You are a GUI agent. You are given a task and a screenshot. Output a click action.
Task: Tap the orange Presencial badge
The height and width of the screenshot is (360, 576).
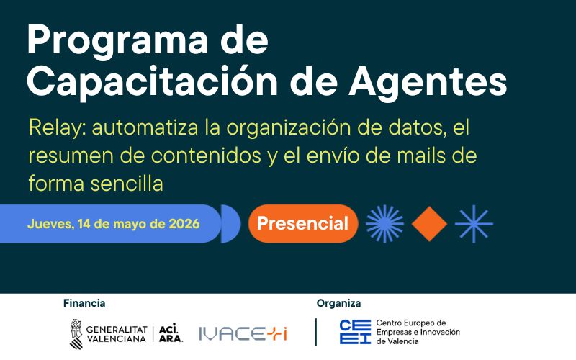pos(302,223)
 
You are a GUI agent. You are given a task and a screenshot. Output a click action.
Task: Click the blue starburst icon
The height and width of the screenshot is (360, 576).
pos(384,223)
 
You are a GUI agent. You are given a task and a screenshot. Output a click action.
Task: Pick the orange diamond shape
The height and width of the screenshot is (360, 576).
pos(430,223)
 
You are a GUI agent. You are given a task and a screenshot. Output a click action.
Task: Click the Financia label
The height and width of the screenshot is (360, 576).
pos(84,303)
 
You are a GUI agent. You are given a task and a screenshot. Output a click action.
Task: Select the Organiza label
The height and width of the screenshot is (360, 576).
pos(338,303)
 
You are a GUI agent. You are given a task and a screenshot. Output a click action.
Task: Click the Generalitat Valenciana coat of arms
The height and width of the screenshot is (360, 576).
pos(76,333)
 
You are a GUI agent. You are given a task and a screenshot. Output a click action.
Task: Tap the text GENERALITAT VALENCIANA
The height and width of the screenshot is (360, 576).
pos(116,333)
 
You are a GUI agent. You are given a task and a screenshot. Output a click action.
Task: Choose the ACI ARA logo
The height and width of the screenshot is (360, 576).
pos(170,333)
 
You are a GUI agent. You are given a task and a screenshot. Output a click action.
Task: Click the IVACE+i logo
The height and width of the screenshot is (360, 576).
pos(243,333)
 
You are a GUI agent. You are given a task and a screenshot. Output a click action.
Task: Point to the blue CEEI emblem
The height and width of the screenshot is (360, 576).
pos(355,332)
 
